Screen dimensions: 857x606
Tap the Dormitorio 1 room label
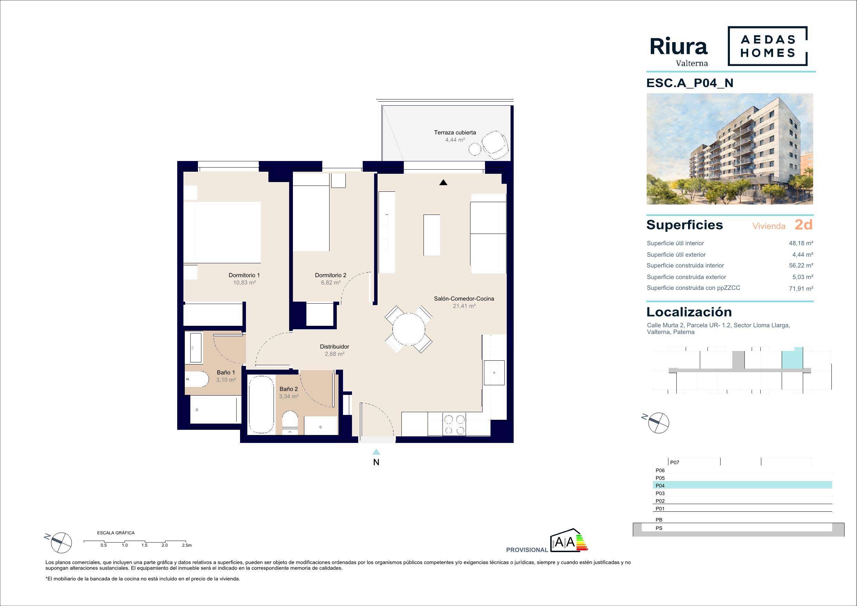point(244,275)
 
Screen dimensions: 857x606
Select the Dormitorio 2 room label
point(330,275)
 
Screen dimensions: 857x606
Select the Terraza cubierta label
point(455,132)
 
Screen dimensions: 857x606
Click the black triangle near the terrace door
point(443,182)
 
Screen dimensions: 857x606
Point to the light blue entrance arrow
point(376,452)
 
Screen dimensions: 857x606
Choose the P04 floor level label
point(660,486)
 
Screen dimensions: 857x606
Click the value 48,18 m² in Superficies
point(801,243)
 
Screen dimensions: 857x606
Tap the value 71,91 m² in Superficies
point(801,288)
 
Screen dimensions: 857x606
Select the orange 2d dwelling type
point(803,225)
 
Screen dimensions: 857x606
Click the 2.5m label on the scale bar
point(187,545)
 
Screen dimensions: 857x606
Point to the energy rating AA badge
point(569,540)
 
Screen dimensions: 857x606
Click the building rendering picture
point(730,149)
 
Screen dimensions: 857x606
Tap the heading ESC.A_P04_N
point(690,83)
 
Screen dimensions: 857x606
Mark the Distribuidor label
point(334,347)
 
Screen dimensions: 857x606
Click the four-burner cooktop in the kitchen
point(454,425)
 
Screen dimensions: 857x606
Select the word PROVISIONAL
point(527,550)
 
